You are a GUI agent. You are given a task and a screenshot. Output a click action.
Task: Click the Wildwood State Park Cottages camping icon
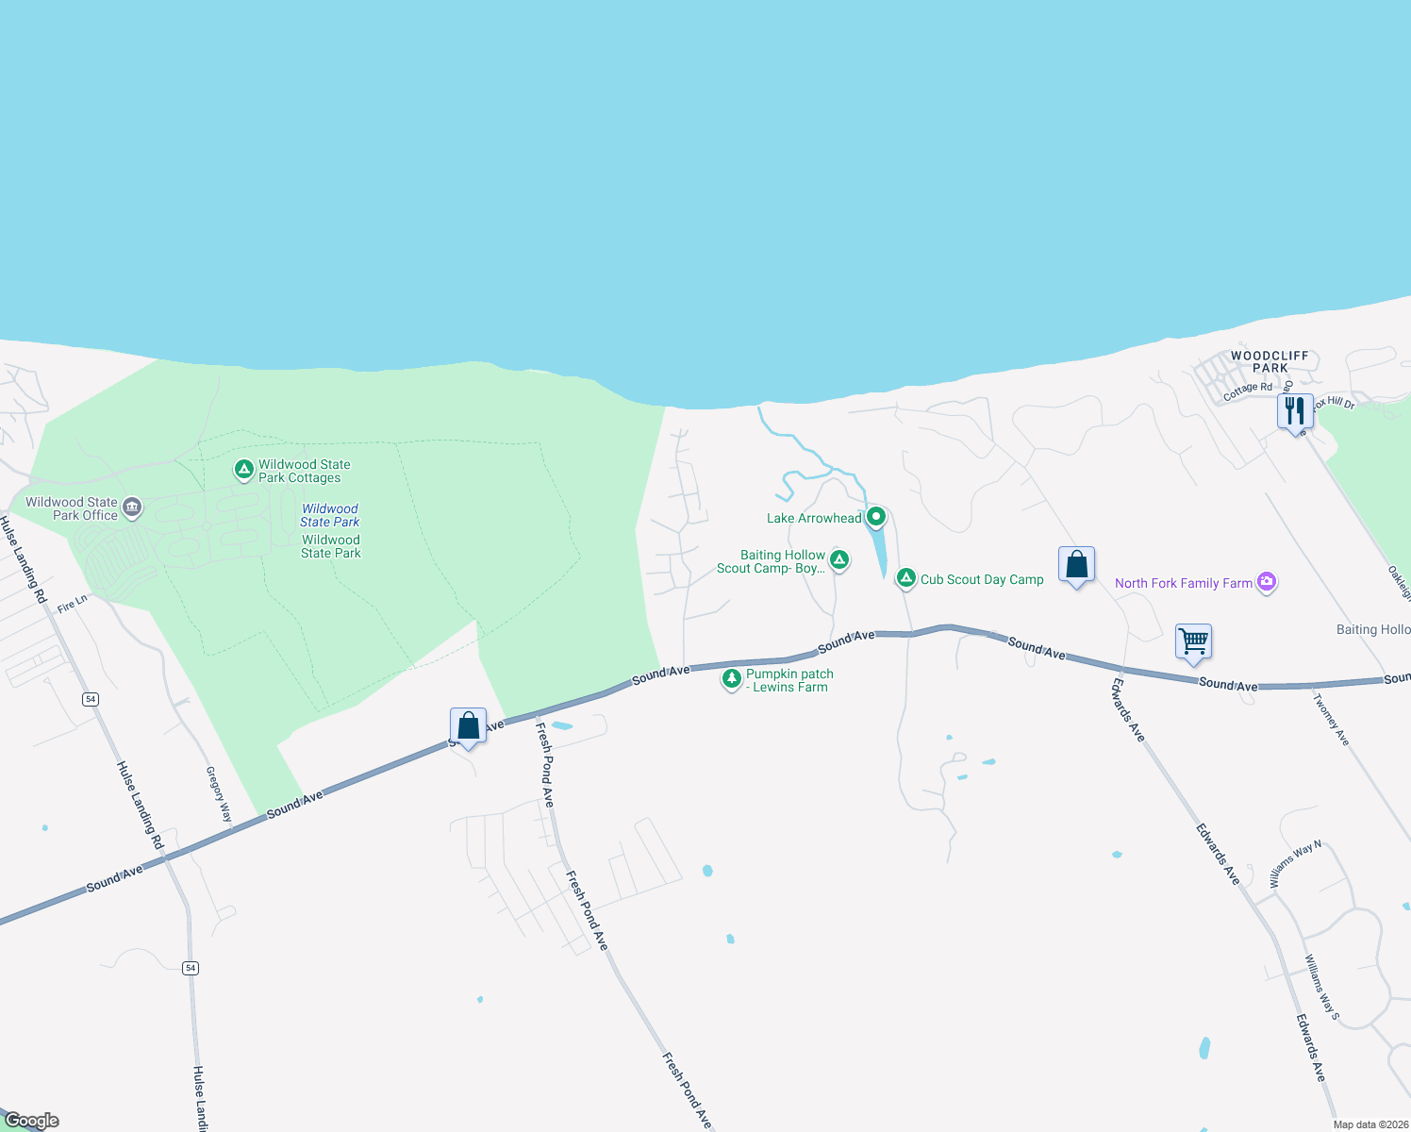click(243, 469)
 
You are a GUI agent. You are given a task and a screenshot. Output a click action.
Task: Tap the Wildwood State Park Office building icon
click(133, 508)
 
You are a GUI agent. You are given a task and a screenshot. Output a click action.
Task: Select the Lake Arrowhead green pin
click(876, 516)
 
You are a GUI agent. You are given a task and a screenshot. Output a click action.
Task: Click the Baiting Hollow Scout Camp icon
click(838, 559)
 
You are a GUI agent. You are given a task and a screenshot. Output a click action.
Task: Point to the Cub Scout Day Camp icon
click(906, 577)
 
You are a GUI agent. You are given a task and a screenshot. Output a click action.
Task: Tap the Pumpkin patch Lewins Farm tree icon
click(731, 678)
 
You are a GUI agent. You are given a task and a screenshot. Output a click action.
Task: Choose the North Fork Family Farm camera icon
click(1267, 581)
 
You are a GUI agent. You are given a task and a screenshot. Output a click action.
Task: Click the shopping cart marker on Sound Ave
click(1193, 641)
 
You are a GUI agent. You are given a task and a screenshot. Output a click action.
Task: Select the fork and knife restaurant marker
click(1295, 410)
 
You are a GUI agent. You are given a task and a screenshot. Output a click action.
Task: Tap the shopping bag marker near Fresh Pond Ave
click(468, 725)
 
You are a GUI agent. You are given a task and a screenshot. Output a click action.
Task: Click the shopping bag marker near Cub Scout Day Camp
click(1076, 565)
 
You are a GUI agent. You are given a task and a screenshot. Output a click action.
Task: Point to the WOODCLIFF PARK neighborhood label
click(1270, 361)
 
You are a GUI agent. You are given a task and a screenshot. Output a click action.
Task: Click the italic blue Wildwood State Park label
click(330, 515)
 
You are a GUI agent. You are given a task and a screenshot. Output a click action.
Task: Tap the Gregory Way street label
click(219, 794)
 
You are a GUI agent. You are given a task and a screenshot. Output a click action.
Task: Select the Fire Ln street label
click(72, 605)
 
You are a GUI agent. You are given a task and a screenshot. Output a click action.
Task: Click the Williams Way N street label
click(1295, 863)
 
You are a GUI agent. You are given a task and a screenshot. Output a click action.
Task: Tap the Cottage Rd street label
click(1247, 391)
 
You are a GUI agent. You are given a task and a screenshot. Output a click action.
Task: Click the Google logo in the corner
click(32, 1121)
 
